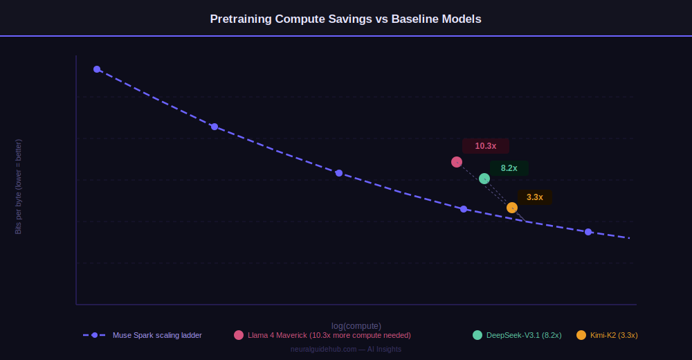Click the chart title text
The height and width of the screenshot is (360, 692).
(345, 19)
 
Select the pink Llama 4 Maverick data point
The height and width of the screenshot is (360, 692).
(457, 162)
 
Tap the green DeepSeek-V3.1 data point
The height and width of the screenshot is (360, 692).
(484, 179)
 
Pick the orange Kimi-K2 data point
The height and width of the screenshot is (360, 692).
(512, 208)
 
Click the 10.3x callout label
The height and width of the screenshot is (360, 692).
(486, 146)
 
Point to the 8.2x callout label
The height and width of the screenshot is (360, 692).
(509, 168)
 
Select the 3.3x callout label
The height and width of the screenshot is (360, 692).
(535, 197)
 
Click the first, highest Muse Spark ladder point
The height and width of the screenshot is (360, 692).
(97, 69)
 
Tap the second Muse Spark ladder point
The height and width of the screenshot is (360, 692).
(215, 127)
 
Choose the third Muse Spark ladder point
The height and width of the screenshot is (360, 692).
(339, 173)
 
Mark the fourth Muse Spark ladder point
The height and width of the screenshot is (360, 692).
(464, 209)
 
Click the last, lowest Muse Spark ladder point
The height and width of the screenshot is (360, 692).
(588, 232)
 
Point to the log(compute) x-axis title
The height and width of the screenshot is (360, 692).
(356, 326)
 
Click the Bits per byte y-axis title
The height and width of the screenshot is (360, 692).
(19, 187)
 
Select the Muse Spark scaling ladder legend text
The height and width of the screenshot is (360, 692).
(157, 335)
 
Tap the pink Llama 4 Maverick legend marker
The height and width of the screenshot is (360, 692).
(239, 335)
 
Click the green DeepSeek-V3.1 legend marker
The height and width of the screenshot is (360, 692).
(477, 335)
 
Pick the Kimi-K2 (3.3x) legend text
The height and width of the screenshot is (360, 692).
(614, 335)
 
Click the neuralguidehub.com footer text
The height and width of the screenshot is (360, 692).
(346, 349)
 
